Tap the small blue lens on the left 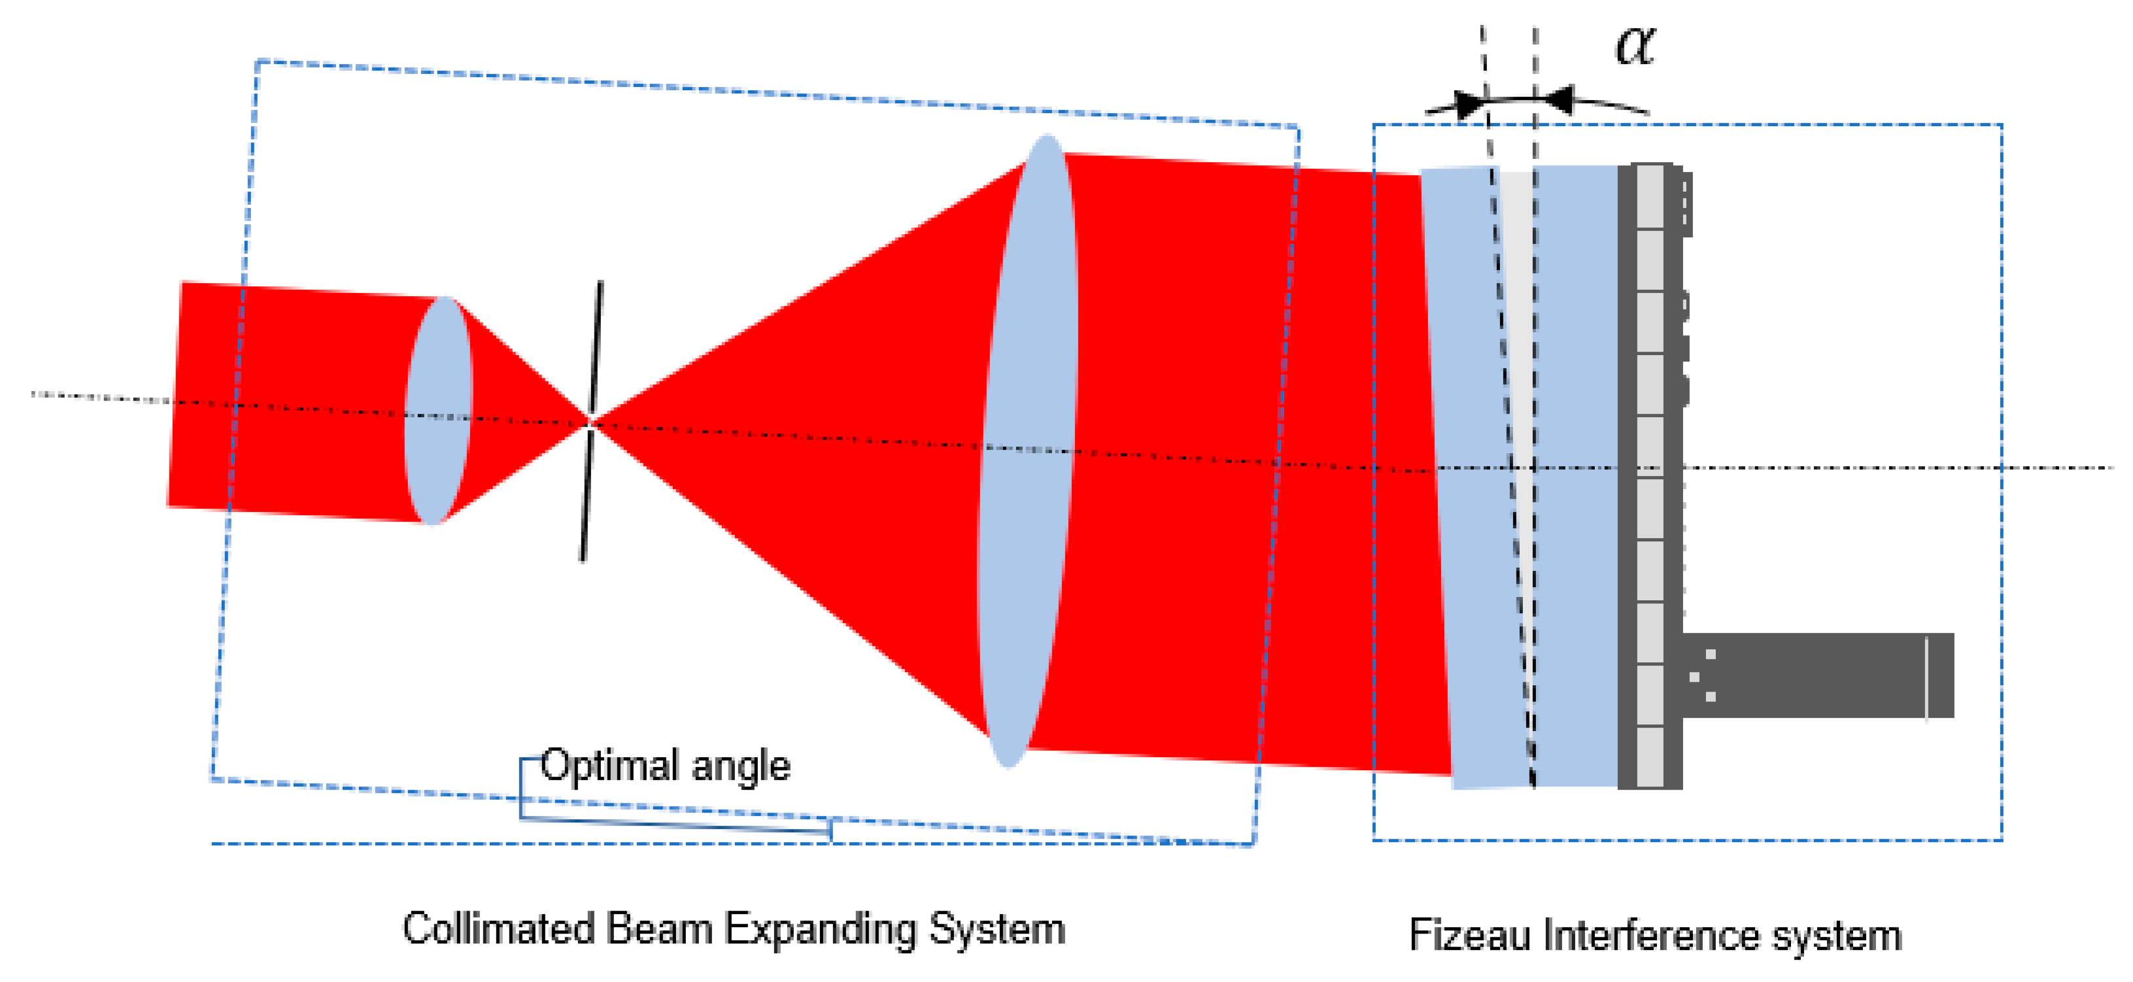tap(438, 410)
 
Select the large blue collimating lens tap(1027, 451)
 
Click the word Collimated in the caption tap(498, 928)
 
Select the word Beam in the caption tap(659, 928)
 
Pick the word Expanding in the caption tap(820, 930)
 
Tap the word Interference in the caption tap(1651, 936)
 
